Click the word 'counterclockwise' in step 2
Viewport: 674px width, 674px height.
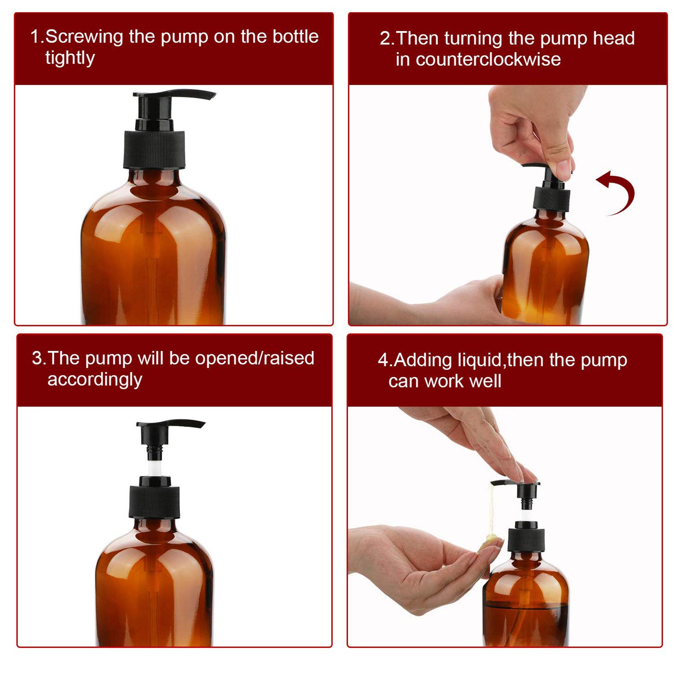pos(478,59)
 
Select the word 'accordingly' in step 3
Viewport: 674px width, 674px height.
pos(95,380)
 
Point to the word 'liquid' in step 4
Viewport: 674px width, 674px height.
pos(479,360)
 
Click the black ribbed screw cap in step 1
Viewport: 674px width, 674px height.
pos(154,150)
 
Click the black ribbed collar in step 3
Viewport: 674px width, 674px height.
pos(155,501)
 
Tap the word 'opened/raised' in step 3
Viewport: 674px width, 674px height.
pos(254,358)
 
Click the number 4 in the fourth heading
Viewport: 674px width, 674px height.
pos(383,361)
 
